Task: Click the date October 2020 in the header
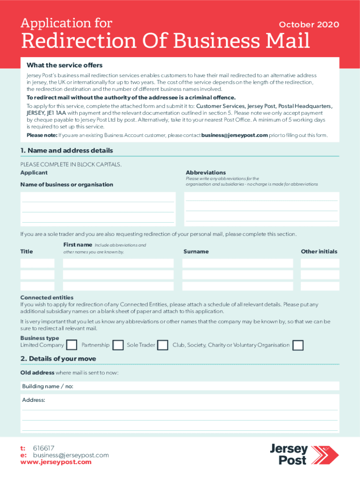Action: (309, 25)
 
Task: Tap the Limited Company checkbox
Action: (72, 345)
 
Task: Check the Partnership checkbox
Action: (118, 345)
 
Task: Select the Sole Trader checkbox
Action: (163, 345)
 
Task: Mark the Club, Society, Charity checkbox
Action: (298, 345)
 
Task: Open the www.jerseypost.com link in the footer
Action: (56, 462)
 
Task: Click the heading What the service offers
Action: (65, 65)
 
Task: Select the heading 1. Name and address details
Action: (66, 151)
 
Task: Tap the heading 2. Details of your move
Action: (58, 359)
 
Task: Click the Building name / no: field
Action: (180, 386)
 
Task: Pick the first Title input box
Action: (37, 263)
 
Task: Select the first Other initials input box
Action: (319, 263)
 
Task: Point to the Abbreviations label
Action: (206, 173)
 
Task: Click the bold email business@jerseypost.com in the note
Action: (234, 135)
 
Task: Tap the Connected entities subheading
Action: (47, 298)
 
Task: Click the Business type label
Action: (40, 338)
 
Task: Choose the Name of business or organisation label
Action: (67, 184)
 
